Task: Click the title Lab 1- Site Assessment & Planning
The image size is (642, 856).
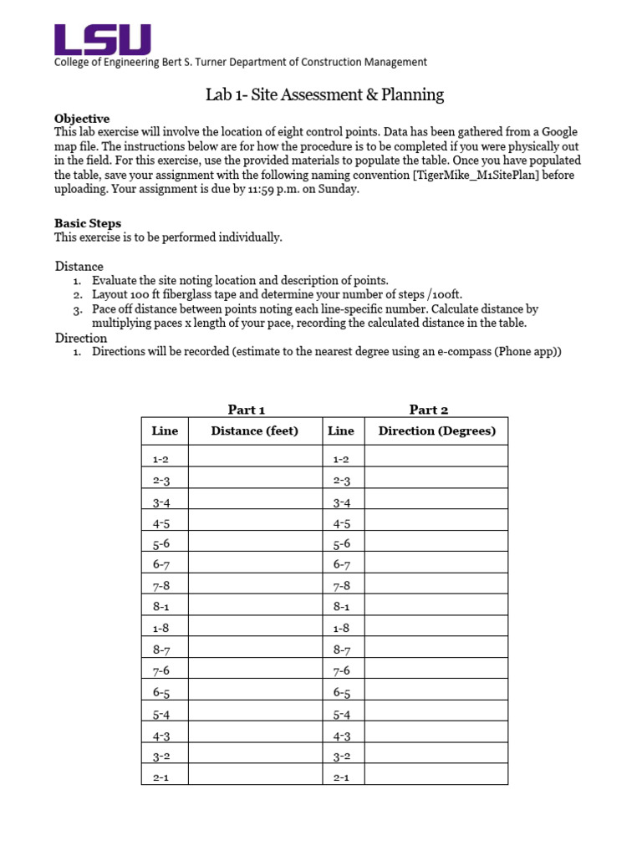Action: pyautogui.click(x=324, y=94)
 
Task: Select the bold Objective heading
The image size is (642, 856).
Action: pyautogui.click(x=82, y=119)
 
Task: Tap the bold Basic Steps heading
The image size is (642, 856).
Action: pyautogui.click(x=88, y=223)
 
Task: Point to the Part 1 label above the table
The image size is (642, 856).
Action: pyautogui.click(x=247, y=410)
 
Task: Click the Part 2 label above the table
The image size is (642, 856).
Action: pyautogui.click(x=429, y=410)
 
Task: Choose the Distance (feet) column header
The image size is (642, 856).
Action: pyautogui.click(x=255, y=431)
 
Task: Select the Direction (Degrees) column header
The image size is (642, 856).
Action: pyautogui.click(x=436, y=431)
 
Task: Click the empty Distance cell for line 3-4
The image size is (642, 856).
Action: pyautogui.click(x=255, y=502)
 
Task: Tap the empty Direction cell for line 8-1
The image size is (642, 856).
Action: pyautogui.click(x=436, y=609)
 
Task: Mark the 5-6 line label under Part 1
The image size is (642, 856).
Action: pyautogui.click(x=161, y=544)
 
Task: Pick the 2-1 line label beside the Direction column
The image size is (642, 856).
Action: pyautogui.click(x=341, y=777)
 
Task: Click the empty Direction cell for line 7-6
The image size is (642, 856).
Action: pyautogui.click(x=436, y=671)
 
